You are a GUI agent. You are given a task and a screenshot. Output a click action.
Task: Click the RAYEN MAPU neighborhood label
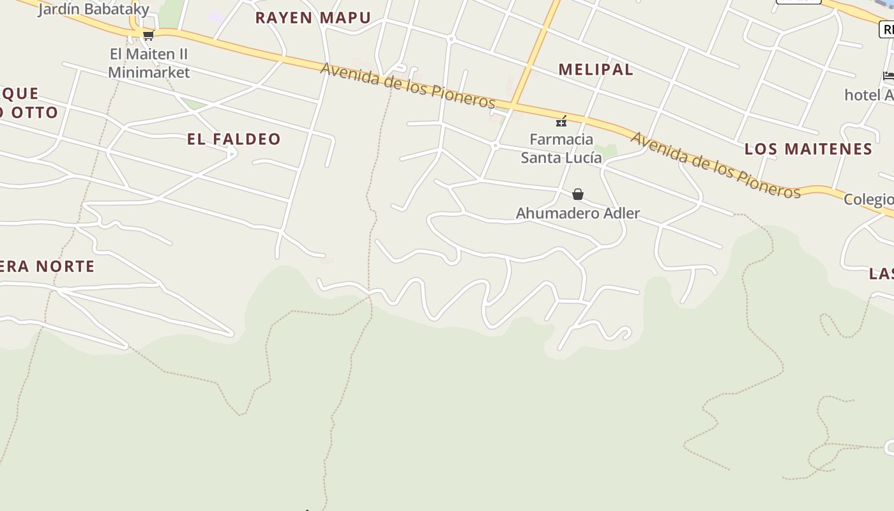[313, 18]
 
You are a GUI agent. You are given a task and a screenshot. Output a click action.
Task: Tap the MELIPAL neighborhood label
[596, 70]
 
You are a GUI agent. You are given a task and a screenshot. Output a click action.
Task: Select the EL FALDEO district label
[234, 139]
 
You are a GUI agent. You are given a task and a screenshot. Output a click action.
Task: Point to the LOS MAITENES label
[808, 149]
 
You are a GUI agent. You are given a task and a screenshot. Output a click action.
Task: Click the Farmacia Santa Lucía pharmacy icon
[561, 121]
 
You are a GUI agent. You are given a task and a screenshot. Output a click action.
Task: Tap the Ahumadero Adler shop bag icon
[578, 194]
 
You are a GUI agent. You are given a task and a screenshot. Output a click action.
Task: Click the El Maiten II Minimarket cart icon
[148, 36]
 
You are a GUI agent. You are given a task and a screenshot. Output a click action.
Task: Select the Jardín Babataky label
[93, 9]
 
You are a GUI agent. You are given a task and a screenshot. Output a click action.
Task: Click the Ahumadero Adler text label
[578, 213]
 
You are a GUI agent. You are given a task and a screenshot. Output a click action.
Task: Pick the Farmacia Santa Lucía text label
[561, 148]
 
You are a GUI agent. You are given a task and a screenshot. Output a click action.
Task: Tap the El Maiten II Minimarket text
[149, 63]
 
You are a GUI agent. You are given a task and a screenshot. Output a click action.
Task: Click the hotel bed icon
[888, 77]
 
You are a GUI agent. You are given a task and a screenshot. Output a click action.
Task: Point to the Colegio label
[868, 199]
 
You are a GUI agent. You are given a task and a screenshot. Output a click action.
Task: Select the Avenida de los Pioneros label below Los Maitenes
[715, 165]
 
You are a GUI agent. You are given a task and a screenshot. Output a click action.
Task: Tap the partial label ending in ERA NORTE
[47, 266]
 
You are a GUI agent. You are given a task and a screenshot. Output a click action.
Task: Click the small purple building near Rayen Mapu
[216, 18]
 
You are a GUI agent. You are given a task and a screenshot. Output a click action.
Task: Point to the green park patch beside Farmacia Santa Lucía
[610, 151]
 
